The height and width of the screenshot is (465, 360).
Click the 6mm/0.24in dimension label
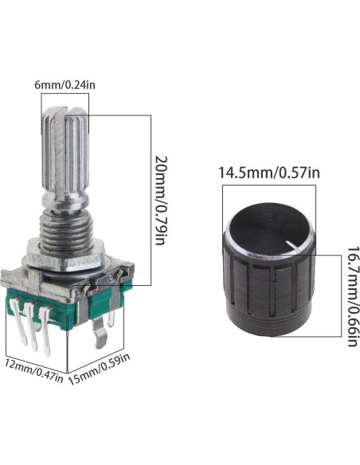pyautogui.click(x=65, y=85)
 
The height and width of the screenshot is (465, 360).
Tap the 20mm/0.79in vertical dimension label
pyautogui.click(x=162, y=201)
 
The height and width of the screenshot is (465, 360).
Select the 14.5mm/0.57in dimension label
pyautogui.click(x=269, y=173)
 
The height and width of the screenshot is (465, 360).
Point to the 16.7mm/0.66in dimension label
pyautogui.click(x=354, y=296)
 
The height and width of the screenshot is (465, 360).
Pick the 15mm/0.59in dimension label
pyautogui.click(x=100, y=369)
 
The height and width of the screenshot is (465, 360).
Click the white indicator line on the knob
pyautogui.click(x=293, y=246)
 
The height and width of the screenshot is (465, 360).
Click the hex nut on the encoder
pyautogui.click(x=67, y=257)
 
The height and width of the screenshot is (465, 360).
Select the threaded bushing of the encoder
pyautogui.click(x=66, y=229)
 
